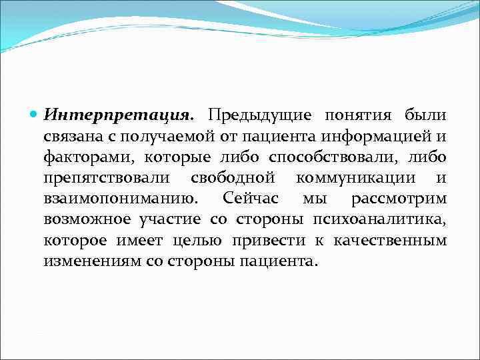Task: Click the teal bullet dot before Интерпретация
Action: click(x=35, y=115)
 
